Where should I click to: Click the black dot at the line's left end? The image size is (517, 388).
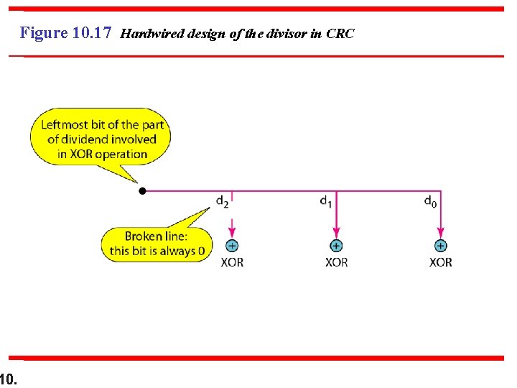[142, 191]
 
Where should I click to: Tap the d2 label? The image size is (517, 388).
[223, 201]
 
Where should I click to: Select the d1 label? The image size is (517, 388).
[326, 201]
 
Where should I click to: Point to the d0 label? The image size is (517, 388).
[429, 201]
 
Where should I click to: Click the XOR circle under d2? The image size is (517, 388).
[232, 246]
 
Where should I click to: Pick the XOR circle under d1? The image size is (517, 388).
[336, 246]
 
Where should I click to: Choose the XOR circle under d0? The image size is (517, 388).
[440, 246]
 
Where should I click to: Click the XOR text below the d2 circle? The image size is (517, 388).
[232, 262]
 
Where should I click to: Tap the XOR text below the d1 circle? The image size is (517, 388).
[336, 262]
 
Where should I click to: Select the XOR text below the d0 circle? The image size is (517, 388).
[440, 262]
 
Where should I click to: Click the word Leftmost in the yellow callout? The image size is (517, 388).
[64, 124]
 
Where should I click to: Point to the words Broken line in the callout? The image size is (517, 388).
[157, 236]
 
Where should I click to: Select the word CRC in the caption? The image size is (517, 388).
[340, 34]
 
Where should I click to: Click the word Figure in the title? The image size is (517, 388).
[44, 33]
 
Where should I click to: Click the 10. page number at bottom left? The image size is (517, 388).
[9, 378]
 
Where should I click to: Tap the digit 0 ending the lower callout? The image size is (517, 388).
[202, 251]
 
